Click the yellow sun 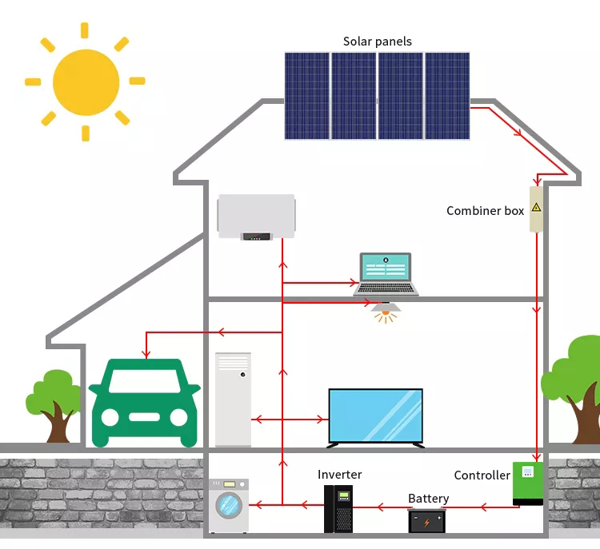[x=86, y=82]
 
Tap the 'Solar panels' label [x=378, y=42]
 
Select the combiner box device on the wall [x=536, y=209]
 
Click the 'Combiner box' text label [x=485, y=211]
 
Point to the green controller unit [x=528, y=483]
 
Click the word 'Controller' [x=482, y=475]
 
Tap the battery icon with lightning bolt [x=427, y=521]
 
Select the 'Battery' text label [x=428, y=499]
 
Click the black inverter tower [x=338, y=508]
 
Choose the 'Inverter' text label [x=339, y=475]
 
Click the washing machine [x=228, y=505]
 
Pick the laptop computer [x=386, y=274]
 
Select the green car [x=144, y=402]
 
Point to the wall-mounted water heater [x=256, y=216]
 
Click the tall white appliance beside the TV [x=233, y=399]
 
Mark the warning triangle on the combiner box [x=536, y=207]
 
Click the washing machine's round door [x=229, y=506]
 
